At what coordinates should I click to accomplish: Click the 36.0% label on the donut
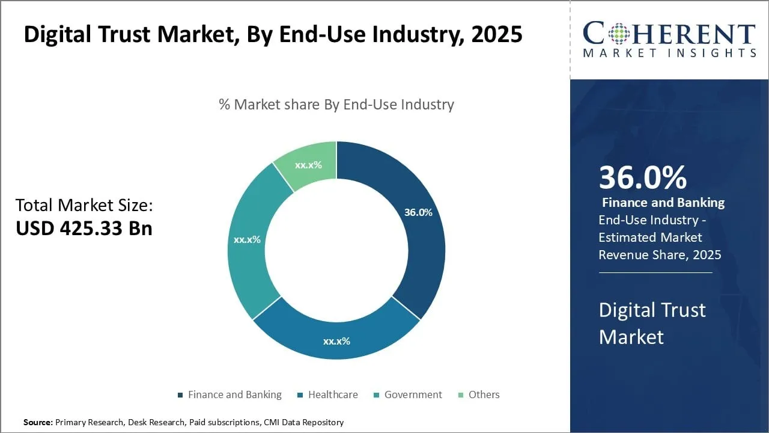418,212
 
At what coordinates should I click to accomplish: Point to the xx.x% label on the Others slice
308,165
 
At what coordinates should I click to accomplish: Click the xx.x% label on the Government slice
247,239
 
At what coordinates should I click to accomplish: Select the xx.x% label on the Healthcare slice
336,341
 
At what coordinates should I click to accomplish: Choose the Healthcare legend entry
327,395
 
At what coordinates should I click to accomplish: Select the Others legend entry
478,395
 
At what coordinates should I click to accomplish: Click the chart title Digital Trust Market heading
273,34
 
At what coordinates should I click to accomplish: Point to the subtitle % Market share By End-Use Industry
336,105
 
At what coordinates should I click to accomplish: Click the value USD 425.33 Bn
84,229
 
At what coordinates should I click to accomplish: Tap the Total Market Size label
84,206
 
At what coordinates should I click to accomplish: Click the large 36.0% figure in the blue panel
643,177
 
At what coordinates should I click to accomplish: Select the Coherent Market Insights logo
669,40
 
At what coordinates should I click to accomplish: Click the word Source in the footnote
37,422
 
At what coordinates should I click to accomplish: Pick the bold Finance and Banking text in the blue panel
663,203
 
